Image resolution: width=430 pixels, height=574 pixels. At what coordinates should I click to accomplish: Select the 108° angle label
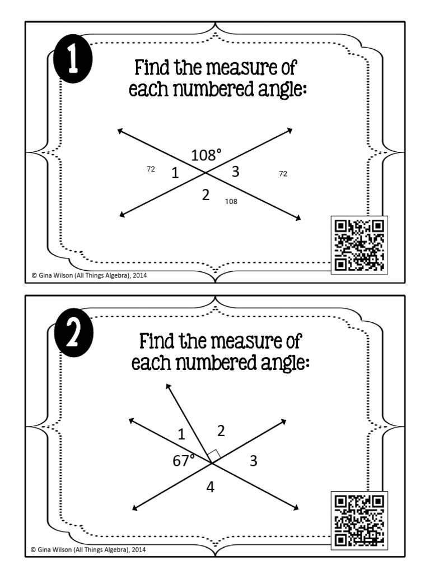(207, 155)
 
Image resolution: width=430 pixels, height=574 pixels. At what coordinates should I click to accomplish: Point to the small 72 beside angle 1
(151, 169)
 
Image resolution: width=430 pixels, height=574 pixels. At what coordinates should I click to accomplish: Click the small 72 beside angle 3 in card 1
(283, 174)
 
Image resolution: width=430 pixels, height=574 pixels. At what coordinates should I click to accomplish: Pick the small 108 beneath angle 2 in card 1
(231, 201)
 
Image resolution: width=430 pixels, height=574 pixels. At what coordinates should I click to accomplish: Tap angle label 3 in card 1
(235, 172)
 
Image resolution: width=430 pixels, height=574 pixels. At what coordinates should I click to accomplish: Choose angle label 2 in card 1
(205, 195)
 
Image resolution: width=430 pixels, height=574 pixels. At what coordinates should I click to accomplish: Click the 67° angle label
(184, 461)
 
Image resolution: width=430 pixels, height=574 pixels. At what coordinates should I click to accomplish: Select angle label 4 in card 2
(210, 487)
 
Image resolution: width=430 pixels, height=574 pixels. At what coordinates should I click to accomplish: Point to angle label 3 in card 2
(253, 461)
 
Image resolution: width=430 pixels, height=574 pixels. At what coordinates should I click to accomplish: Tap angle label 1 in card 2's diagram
(181, 433)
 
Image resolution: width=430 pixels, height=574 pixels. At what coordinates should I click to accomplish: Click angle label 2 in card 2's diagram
(221, 430)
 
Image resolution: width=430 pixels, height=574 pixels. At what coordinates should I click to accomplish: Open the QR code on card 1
(359, 245)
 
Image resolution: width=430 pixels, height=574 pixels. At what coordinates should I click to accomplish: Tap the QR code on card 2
(359, 520)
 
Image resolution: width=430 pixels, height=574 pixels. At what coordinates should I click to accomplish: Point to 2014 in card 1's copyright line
(139, 275)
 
